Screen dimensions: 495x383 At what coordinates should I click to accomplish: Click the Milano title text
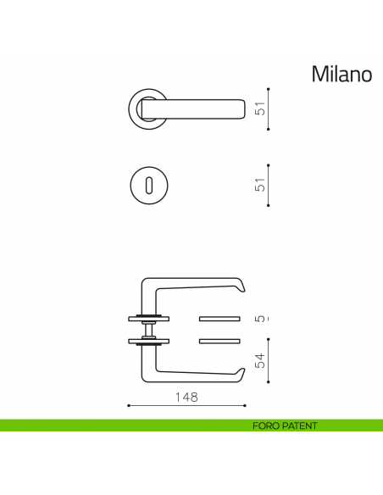tap(341, 75)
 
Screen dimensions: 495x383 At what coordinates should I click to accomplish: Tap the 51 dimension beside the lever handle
tap(261, 108)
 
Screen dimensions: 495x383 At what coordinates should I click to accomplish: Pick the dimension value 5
tap(261, 319)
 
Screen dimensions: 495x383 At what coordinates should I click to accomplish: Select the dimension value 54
tap(261, 359)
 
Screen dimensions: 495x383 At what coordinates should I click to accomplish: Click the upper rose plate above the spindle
tap(149, 319)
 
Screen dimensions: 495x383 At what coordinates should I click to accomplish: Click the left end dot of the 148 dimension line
tap(128, 406)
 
